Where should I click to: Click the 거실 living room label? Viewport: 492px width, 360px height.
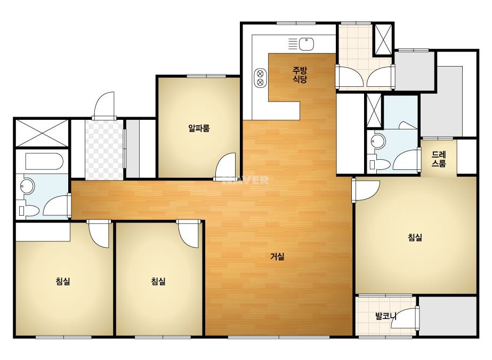pyautogui.click(x=277, y=257)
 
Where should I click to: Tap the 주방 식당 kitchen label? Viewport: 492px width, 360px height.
pyautogui.click(x=300, y=75)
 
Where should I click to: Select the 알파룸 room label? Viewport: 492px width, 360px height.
pyautogui.click(x=199, y=128)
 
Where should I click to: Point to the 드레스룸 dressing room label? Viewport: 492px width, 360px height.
pyautogui.click(x=439, y=159)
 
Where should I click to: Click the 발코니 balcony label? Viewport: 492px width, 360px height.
pyautogui.click(x=386, y=316)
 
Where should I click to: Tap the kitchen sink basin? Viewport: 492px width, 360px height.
pyautogui.click(x=307, y=44)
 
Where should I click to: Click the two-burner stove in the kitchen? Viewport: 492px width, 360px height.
pyautogui.click(x=260, y=78)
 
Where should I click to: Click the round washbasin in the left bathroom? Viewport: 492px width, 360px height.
pyautogui.click(x=27, y=186)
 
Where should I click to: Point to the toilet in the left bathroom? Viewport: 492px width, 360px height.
pyautogui.click(x=29, y=210)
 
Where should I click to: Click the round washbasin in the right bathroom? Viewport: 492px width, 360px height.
pyautogui.click(x=378, y=142)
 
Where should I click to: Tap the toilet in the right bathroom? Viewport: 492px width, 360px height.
pyautogui.click(x=380, y=165)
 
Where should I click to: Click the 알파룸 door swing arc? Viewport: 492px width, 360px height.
pyautogui.click(x=224, y=167)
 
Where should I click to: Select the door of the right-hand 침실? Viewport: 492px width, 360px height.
pyautogui.click(x=366, y=190)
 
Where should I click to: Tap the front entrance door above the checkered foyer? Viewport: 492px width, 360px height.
pyautogui.click(x=104, y=105)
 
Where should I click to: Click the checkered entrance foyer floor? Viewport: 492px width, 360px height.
pyautogui.click(x=104, y=150)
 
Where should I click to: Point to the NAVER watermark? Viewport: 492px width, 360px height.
pyautogui.click(x=246, y=180)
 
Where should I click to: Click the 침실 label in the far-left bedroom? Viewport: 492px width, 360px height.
pyautogui.click(x=63, y=281)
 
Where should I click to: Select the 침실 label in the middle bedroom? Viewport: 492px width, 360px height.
pyautogui.click(x=158, y=281)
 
